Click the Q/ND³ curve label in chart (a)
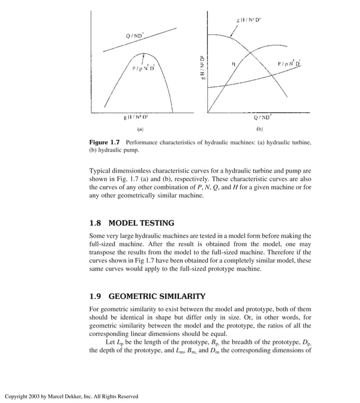click(135, 36)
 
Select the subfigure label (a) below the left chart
click(140, 129)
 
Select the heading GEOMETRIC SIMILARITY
click(156, 296)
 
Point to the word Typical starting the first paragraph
click(101, 171)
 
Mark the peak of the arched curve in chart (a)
click(146, 54)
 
